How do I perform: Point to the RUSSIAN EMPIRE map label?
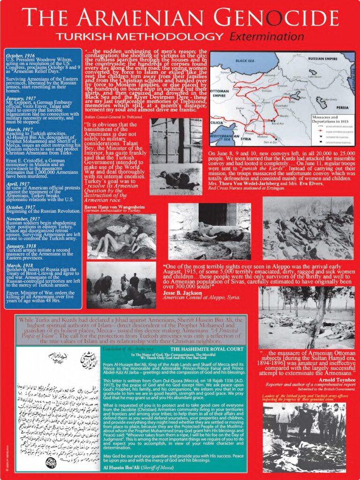313,59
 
